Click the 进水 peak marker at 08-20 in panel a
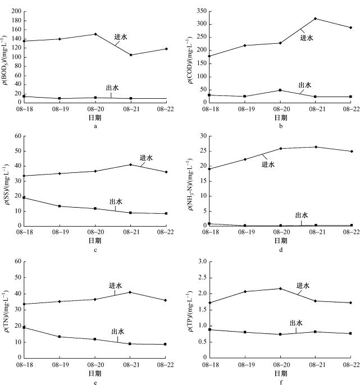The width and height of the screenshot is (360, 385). click(95, 34)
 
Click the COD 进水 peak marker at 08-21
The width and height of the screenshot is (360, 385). click(315, 19)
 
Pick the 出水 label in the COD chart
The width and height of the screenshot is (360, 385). click(305, 85)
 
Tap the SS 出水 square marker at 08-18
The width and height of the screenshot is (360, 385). click(24, 198)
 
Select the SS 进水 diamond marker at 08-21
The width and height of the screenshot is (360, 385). click(131, 164)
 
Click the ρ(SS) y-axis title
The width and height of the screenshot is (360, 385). click(6, 180)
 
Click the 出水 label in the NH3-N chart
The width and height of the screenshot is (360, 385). click(302, 215)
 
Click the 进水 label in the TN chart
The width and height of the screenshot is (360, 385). click(116, 286)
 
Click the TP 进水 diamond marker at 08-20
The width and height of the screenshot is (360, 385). click(280, 288)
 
